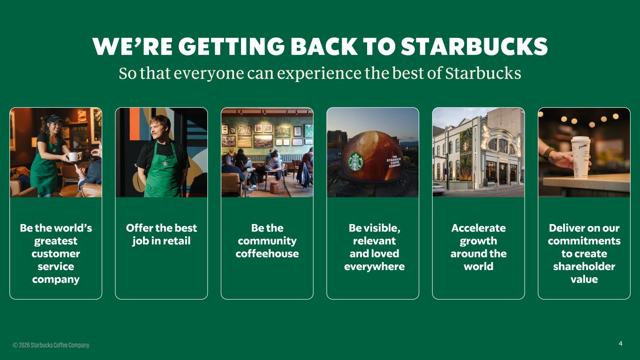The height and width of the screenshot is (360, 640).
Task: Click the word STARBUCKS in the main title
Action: pos(474,47)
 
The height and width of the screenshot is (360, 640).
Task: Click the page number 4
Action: pos(620,344)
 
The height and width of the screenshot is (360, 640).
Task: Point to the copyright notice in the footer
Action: pos(51,345)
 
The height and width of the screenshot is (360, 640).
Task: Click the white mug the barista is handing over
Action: pos(73,157)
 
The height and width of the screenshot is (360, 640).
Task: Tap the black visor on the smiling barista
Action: pos(54,119)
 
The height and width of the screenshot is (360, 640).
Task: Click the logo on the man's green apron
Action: pos(165,163)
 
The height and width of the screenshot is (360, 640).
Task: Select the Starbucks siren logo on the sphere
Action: pos(356,162)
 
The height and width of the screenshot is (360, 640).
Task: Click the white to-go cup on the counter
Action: pos(580,157)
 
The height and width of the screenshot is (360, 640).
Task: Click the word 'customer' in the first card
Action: pos(56,254)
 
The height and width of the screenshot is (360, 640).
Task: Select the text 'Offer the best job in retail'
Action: pos(161,234)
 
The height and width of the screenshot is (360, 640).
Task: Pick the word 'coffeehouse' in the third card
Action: pos(267,254)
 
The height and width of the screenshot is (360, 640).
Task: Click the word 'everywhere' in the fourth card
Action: pos(374,266)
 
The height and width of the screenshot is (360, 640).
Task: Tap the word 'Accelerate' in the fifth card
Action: pos(478,228)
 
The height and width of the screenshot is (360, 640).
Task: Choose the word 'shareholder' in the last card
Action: pos(584,266)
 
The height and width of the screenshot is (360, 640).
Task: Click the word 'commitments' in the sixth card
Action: pos(584,241)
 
